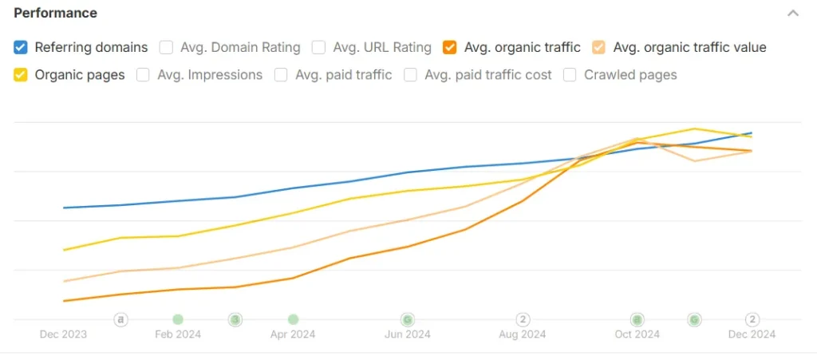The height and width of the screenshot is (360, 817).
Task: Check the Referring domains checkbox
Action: click(x=21, y=47)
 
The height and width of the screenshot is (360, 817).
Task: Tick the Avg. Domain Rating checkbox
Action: click(x=166, y=47)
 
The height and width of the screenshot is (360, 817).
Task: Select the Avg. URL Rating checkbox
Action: click(x=318, y=47)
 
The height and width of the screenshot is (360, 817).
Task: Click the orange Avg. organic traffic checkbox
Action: click(x=450, y=47)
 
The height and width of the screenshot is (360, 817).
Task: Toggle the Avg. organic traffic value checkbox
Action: click(x=598, y=47)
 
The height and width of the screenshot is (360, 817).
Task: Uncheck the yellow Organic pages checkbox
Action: click(x=21, y=75)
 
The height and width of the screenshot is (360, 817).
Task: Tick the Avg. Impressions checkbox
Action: click(x=144, y=75)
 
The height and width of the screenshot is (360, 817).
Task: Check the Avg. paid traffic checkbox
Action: click(x=281, y=75)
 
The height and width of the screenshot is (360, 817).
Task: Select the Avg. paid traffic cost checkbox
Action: click(x=410, y=75)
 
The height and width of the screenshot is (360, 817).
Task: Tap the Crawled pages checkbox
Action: click(x=570, y=75)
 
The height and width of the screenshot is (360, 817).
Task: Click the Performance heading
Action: click(x=56, y=13)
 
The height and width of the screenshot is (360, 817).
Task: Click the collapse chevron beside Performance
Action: click(x=792, y=13)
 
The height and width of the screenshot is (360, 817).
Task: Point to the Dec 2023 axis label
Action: click(x=63, y=334)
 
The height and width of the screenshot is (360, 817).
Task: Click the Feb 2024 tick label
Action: click(x=178, y=334)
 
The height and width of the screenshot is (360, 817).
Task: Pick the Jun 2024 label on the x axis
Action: click(x=408, y=334)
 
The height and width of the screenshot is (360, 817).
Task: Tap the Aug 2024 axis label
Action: click(x=523, y=334)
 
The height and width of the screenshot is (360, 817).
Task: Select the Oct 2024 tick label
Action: click(x=637, y=334)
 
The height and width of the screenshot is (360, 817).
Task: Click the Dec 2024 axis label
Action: click(x=752, y=334)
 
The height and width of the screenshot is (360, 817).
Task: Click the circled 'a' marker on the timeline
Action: click(x=120, y=319)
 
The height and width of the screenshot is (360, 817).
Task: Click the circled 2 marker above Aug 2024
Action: click(x=523, y=319)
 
